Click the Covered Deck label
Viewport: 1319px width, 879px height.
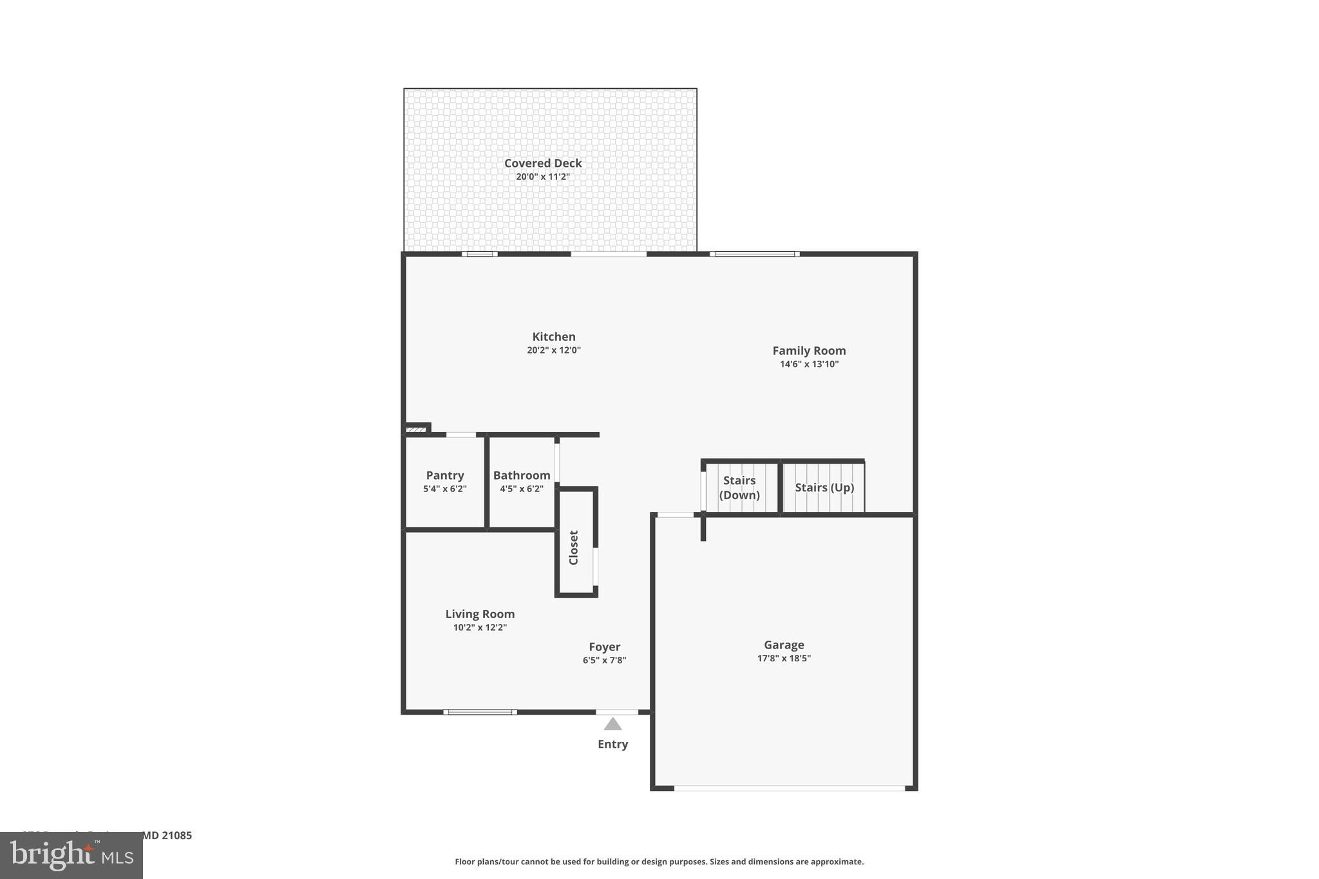(542, 164)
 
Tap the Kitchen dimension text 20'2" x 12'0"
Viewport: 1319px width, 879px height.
(553, 350)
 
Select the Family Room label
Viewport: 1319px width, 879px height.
(809, 350)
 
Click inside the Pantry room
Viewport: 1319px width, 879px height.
(444, 502)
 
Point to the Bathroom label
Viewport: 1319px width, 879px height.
(522, 475)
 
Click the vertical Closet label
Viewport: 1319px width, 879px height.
(574, 547)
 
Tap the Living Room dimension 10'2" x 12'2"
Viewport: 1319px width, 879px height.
(480, 627)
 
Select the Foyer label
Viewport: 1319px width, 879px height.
(604, 647)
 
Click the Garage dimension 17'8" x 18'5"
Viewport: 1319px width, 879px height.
(784, 658)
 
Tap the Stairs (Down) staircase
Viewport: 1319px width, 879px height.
(739, 487)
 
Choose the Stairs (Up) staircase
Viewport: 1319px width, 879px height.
(824, 487)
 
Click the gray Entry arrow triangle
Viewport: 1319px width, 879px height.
(612, 724)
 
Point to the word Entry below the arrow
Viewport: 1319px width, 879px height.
(612, 744)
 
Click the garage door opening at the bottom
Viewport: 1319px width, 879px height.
(789, 788)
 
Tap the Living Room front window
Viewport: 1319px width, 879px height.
(480, 712)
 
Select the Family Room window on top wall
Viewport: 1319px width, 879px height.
(755, 254)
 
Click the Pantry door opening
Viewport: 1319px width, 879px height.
(461, 435)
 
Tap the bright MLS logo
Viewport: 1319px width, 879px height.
(71, 855)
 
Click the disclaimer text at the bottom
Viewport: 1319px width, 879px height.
(659, 862)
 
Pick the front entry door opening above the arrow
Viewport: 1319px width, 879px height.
(616, 712)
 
